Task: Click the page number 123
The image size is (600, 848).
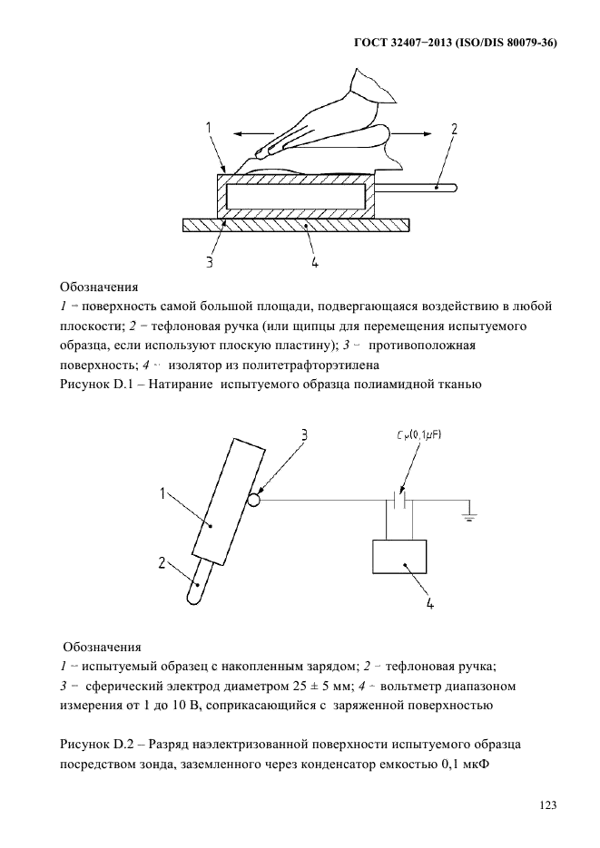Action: tap(546, 804)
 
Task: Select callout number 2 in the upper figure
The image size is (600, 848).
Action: tap(454, 130)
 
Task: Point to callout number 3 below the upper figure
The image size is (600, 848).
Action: tap(209, 263)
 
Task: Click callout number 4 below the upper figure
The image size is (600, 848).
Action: tap(314, 263)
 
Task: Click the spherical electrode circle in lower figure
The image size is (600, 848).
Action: tap(254, 499)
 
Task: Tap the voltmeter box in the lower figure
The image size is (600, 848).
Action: tap(399, 556)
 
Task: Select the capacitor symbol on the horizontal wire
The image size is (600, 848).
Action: tap(399, 499)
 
